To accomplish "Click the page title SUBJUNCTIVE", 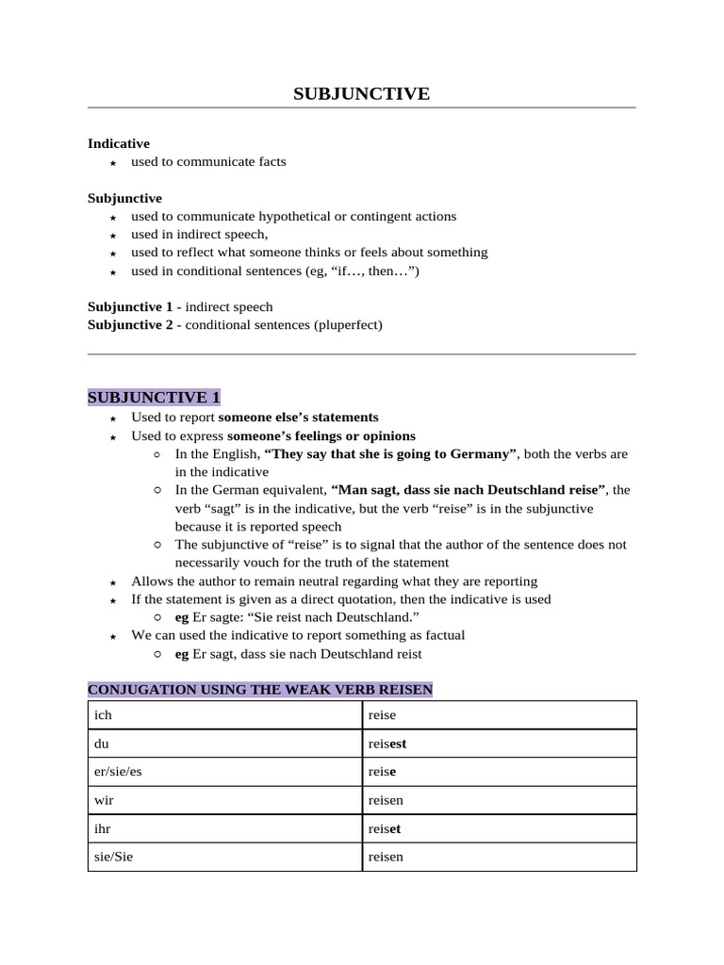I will click(x=361, y=93).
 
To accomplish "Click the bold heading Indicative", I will click(x=118, y=143).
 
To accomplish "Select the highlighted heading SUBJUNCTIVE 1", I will click(x=154, y=397).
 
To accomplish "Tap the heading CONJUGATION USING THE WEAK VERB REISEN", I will click(x=260, y=690).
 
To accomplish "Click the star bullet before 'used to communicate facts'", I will click(x=113, y=163).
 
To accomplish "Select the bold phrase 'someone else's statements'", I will click(x=298, y=417).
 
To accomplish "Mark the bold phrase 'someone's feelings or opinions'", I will click(x=321, y=435).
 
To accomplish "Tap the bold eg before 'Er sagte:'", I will click(x=182, y=617).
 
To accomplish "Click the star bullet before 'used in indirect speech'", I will click(x=113, y=236).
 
